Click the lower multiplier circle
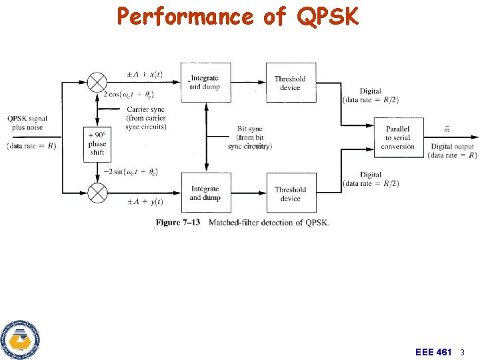point(98,193)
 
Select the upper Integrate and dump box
point(205,83)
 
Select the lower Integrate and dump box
point(205,193)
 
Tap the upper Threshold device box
point(291,83)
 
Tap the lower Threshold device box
point(291,193)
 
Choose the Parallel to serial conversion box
point(398,137)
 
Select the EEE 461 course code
point(433,351)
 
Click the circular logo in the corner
point(20,340)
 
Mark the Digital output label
point(453,151)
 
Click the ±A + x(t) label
point(145,74)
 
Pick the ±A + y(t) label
point(145,201)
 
